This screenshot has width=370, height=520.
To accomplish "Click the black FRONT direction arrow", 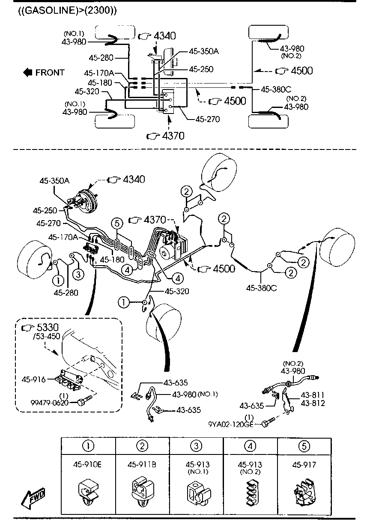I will (28, 72).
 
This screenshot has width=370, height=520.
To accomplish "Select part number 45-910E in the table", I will (88, 464).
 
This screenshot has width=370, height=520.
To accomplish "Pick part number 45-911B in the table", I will (142, 464).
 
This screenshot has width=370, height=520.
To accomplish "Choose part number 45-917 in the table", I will (304, 464).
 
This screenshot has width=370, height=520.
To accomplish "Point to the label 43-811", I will (313, 395).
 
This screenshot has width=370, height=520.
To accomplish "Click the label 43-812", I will (313, 403).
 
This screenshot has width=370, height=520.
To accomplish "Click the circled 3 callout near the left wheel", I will (78, 274).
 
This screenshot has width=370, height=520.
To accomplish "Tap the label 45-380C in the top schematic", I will (276, 90).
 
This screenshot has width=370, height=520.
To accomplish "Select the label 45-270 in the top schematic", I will (208, 119).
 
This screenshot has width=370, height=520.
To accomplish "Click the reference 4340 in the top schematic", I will (164, 36).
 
